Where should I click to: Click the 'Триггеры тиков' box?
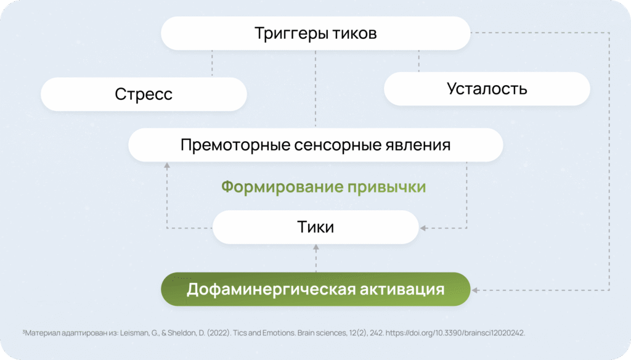point(315,33)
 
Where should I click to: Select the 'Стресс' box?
point(144,94)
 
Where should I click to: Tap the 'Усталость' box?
point(487,89)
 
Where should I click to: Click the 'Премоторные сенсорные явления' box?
point(315,145)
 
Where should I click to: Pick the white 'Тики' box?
point(315,227)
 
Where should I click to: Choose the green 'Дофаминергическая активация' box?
point(315,289)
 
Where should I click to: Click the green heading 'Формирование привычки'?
point(324,187)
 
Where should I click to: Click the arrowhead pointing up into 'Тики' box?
point(315,248)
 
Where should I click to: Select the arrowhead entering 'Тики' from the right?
point(423,228)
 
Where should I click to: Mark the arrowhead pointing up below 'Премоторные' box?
point(167,165)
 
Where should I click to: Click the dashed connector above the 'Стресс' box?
point(212,63)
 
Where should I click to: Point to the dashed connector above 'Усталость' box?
point(418,61)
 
